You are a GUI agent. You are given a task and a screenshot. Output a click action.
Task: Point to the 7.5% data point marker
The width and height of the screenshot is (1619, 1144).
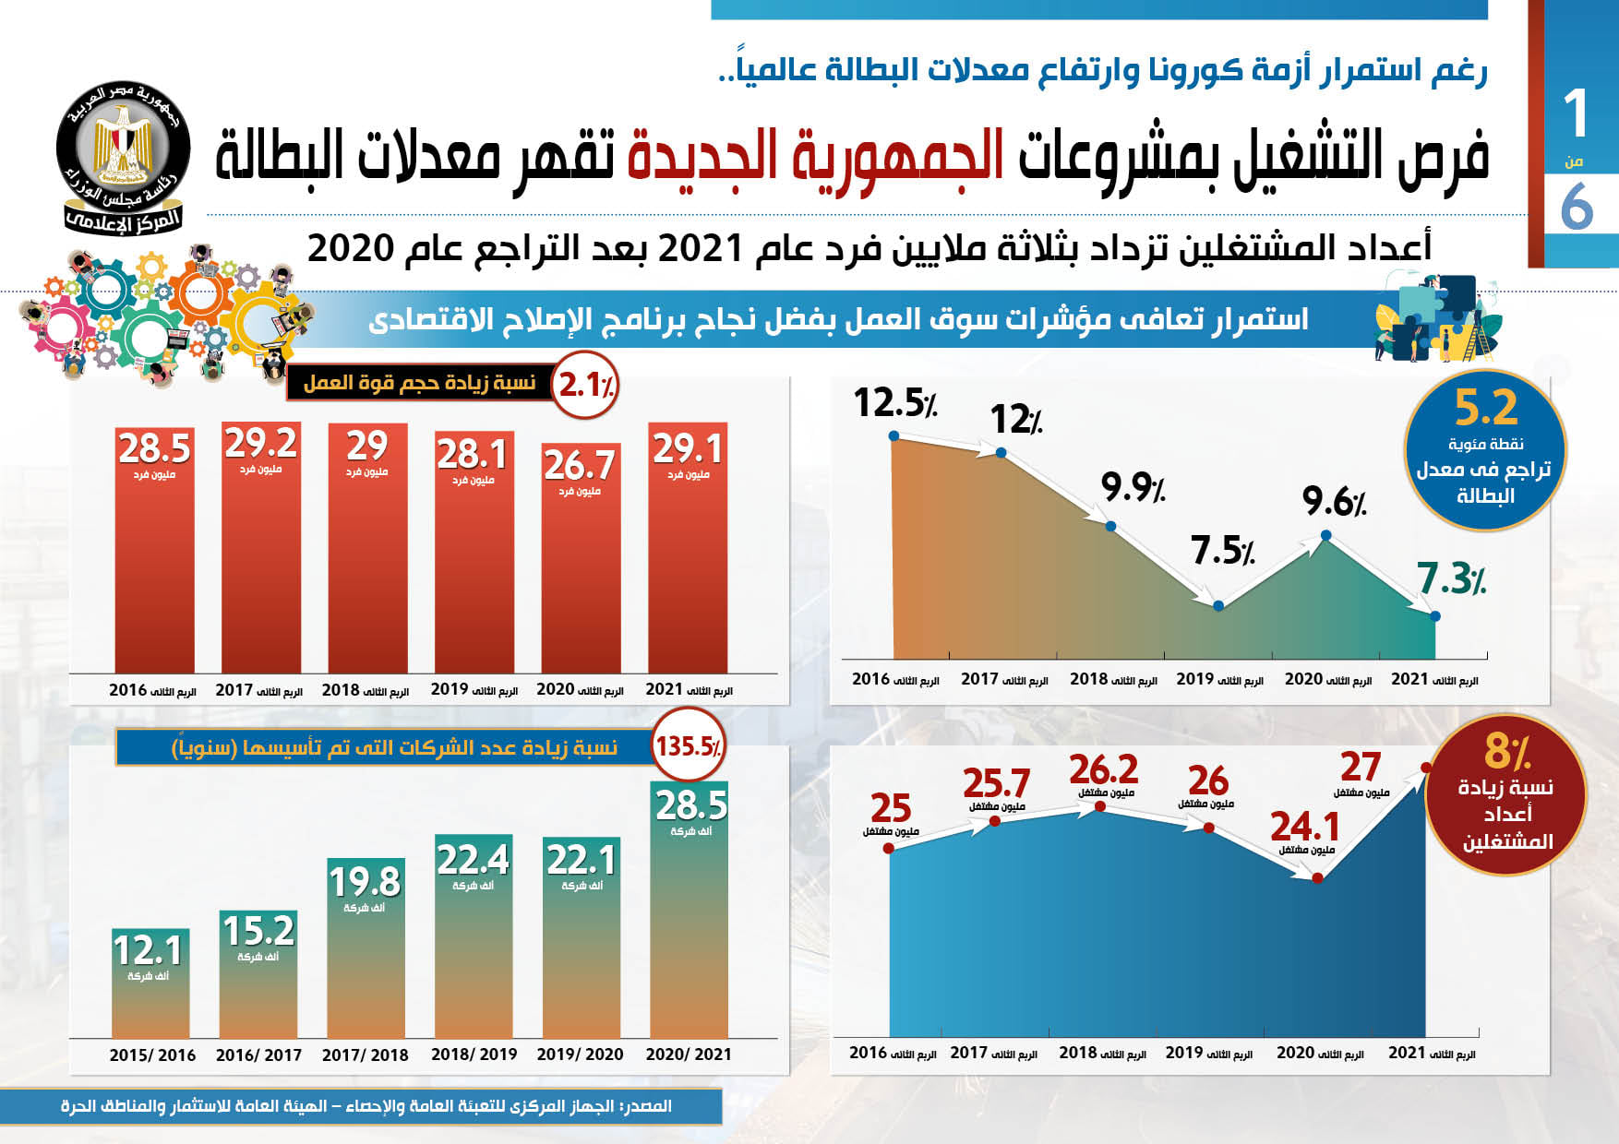(x=1218, y=606)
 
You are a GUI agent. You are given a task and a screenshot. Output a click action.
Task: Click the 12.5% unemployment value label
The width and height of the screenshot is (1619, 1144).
(x=894, y=403)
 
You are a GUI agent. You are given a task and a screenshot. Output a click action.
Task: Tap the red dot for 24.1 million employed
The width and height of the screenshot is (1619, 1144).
(x=1317, y=878)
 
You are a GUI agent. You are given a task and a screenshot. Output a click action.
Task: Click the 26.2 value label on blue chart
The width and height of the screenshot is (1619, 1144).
(x=1104, y=770)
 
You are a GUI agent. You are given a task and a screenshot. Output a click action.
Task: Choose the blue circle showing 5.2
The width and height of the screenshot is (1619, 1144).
(x=1484, y=451)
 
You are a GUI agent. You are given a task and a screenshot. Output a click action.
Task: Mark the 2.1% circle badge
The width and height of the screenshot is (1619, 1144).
(x=586, y=385)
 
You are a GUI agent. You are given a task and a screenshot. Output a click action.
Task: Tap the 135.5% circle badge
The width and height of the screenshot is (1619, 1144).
(x=688, y=745)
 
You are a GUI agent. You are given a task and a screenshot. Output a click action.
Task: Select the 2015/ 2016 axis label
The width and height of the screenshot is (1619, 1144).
(x=152, y=1055)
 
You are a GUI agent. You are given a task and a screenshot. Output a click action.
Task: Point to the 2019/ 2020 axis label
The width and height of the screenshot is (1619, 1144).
(x=580, y=1055)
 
